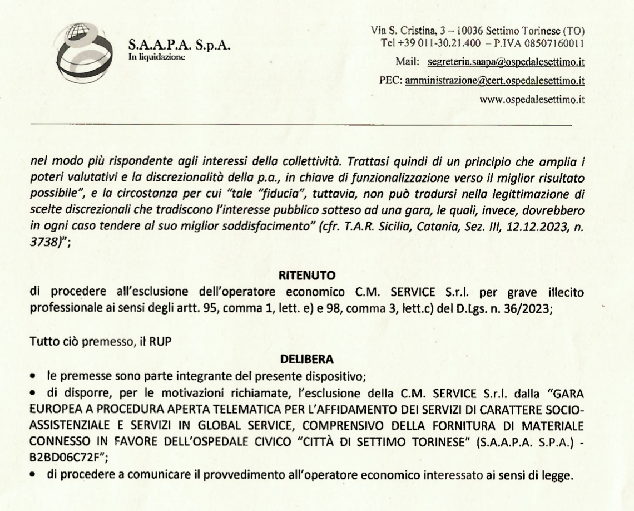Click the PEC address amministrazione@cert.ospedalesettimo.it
point(494,80)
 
